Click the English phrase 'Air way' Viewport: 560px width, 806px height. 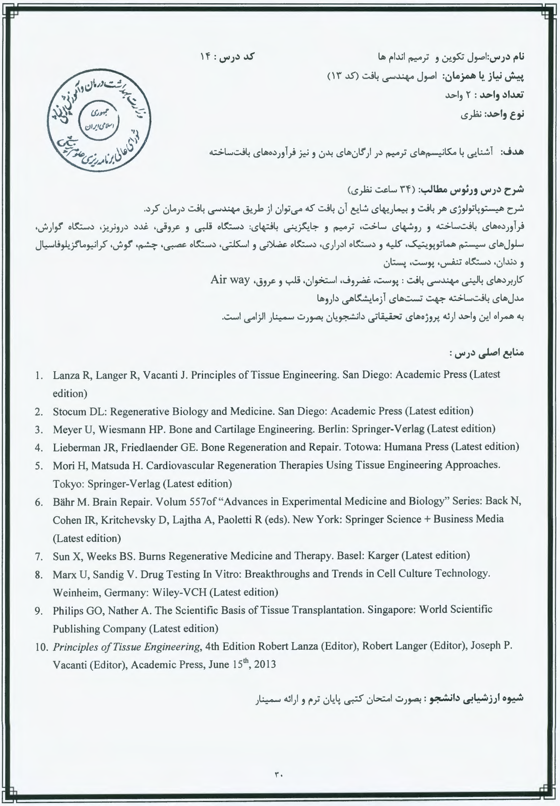[x=230, y=280]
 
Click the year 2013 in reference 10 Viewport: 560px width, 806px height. [x=265, y=665]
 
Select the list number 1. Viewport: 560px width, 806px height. [x=39, y=375]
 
